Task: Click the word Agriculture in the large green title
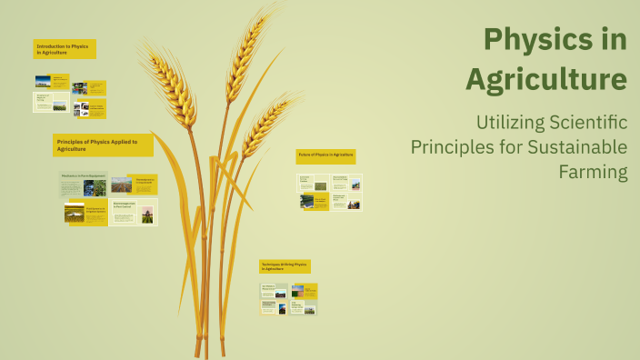[x=545, y=79]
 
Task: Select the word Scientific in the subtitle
[x=586, y=122]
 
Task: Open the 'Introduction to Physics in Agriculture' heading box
[x=65, y=49]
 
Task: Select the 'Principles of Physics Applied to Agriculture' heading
[x=103, y=145]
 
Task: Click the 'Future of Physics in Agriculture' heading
[x=325, y=155]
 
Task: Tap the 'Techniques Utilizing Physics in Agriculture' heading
[x=285, y=266]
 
